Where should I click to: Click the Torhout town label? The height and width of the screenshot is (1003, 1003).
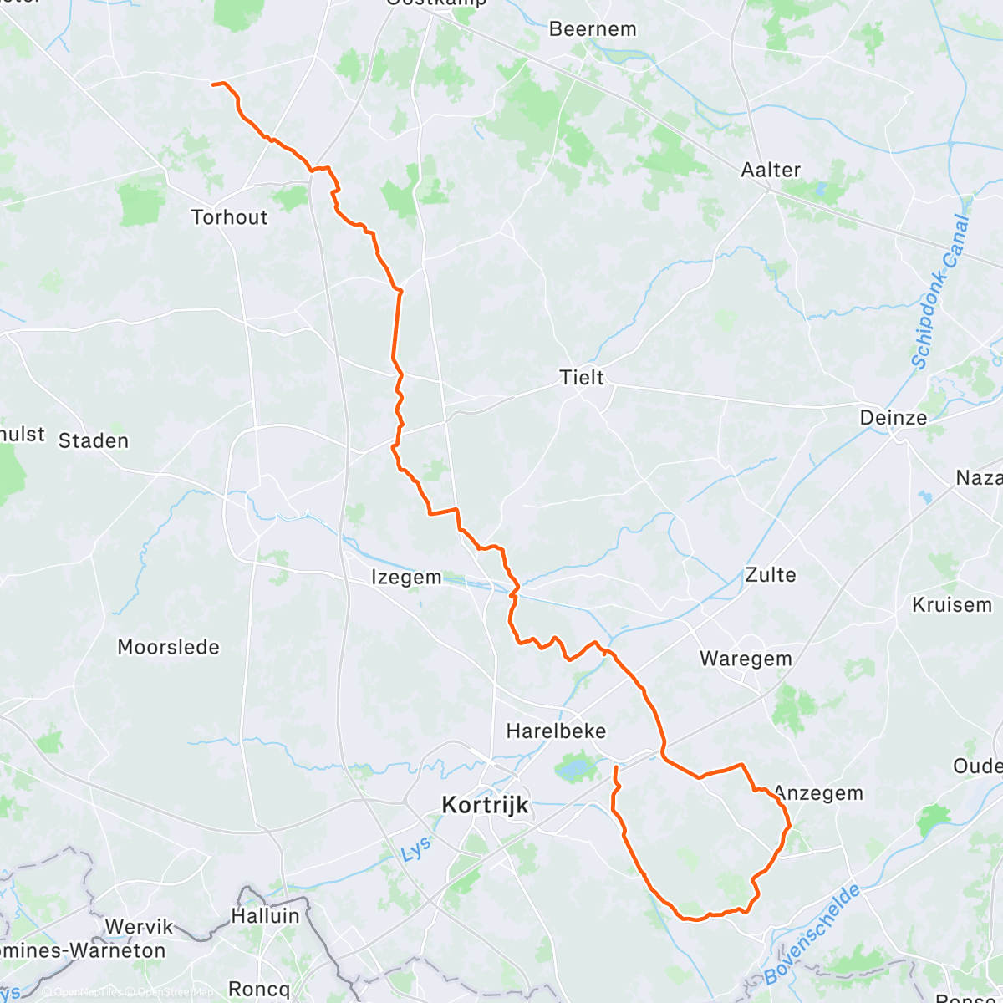pos(229,217)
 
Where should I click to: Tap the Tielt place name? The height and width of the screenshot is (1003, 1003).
pos(582,378)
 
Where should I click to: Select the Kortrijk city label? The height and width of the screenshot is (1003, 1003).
pos(485,806)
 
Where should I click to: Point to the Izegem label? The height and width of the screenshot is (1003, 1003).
pos(406,578)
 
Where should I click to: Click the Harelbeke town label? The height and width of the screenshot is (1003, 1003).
pos(556,731)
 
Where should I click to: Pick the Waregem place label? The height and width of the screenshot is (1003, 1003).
pos(746,659)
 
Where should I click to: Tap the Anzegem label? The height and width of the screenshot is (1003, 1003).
pos(818,793)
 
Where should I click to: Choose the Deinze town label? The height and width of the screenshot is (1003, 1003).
pos(893,418)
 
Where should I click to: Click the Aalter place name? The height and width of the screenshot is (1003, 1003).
pos(771,170)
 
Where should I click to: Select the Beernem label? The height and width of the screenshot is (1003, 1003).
pos(593,29)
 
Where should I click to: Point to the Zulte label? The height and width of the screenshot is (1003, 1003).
pos(770,575)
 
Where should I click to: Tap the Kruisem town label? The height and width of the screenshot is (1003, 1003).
pos(952,605)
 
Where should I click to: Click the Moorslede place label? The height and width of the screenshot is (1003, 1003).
pos(168,648)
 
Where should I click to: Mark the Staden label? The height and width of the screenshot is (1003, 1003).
pos(94,441)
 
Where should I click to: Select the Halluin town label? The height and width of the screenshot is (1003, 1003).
pos(265,916)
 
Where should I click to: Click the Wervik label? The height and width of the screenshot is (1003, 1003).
pos(139,927)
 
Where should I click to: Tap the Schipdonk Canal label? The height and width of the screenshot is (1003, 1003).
pos(940,293)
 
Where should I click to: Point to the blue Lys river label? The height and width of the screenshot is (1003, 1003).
pos(415,850)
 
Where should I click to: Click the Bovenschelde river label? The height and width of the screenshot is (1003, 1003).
pos(812,935)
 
